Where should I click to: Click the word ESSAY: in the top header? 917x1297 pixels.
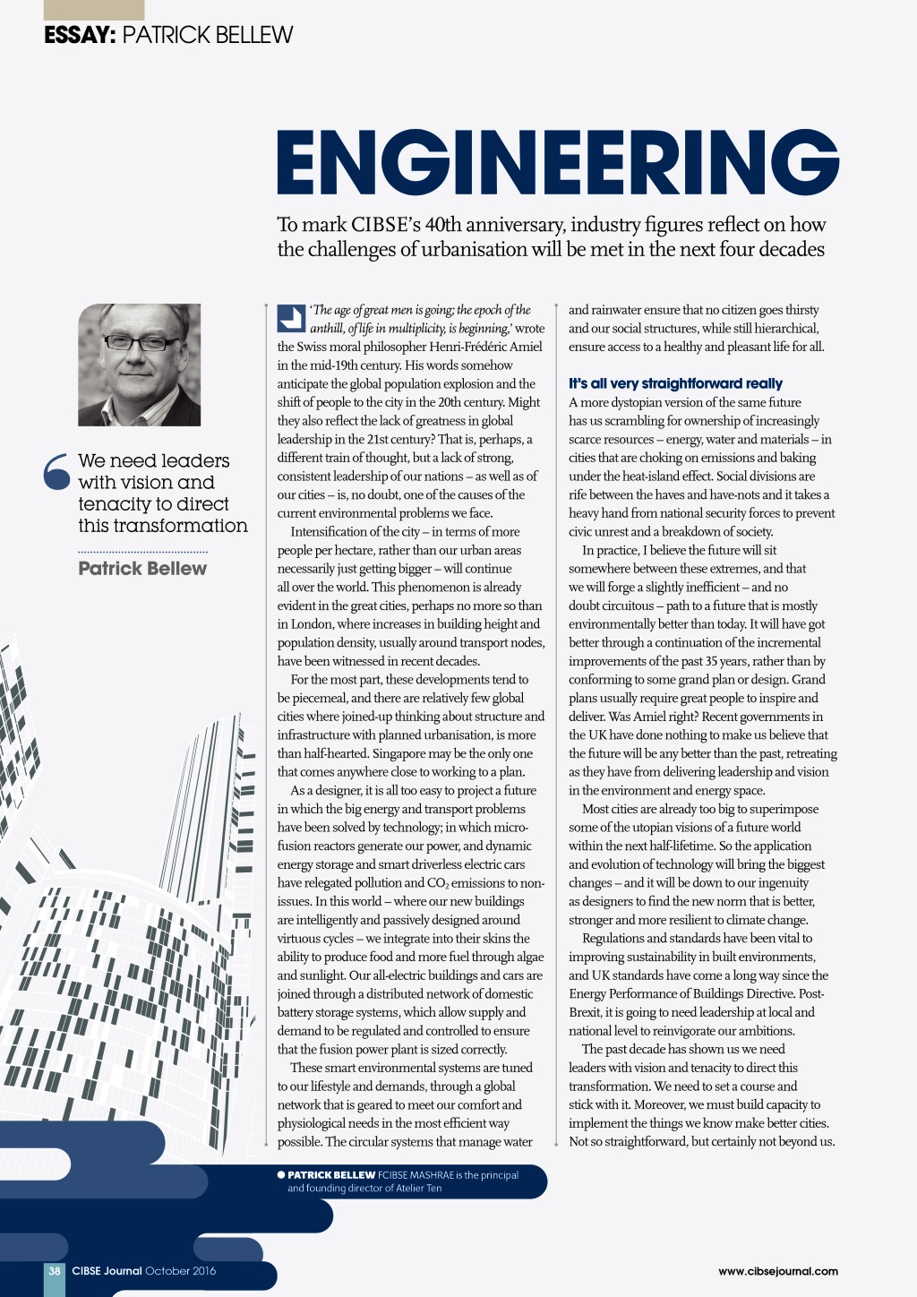click(80, 35)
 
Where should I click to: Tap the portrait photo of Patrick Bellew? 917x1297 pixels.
click(139, 365)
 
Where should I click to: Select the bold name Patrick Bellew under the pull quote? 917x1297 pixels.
click(142, 569)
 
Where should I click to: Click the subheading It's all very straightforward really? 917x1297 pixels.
click(675, 383)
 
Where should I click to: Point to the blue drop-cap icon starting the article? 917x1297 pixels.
click(291, 318)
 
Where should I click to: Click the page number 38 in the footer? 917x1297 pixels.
click(55, 1270)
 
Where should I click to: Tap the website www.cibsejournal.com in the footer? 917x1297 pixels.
click(778, 1270)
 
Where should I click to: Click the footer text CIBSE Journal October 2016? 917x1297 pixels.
click(144, 1270)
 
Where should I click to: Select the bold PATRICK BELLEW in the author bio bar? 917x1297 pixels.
click(331, 1175)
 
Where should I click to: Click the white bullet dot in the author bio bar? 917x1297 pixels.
click(281, 1174)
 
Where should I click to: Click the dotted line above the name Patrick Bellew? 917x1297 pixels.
click(142, 552)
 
